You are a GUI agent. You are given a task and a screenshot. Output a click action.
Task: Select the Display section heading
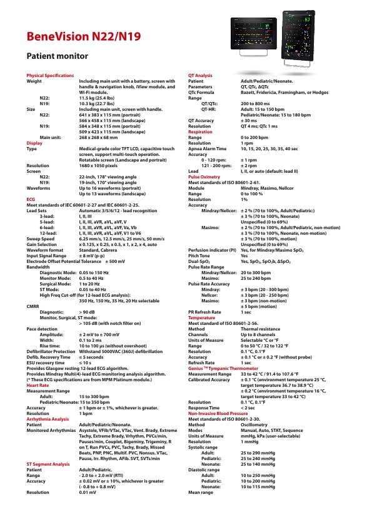34,143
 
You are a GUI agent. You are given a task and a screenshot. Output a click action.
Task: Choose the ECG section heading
31,198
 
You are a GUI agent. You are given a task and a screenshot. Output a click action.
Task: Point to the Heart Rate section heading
38,386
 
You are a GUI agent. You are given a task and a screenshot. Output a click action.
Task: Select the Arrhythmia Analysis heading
48,419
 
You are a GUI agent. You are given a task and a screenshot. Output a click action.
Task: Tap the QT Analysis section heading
200,75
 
